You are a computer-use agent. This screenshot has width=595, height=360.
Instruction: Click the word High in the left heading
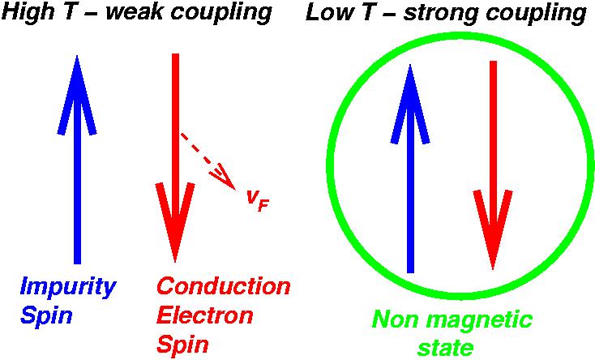(x=25, y=14)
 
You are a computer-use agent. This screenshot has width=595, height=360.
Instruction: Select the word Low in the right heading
(x=327, y=14)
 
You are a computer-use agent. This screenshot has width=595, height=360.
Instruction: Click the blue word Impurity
(x=68, y=289)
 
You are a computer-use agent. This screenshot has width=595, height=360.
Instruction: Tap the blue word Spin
(x=47, y=315)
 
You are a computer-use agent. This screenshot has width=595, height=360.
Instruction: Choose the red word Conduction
(x=223, y=287)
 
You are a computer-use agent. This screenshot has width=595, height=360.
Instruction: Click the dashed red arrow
(x=208, y=161)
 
